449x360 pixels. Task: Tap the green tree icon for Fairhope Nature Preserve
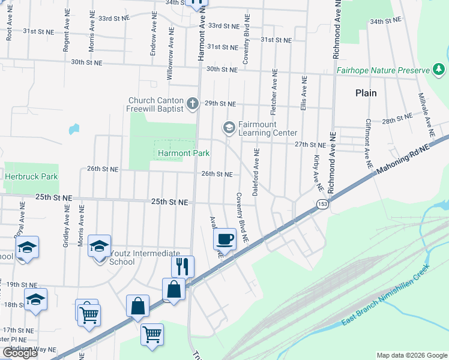439,71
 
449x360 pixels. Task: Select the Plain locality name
366,93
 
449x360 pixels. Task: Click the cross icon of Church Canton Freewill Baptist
193,104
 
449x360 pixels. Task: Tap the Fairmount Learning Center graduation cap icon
228,127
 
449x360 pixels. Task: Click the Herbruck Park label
31,176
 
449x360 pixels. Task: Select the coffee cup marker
225,239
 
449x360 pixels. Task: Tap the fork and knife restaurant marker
183,266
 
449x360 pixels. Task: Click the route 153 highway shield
322,205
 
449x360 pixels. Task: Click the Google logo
20,353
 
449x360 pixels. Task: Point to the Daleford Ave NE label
256,169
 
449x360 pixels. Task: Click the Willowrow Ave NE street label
169,53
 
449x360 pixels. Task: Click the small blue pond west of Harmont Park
74,128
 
